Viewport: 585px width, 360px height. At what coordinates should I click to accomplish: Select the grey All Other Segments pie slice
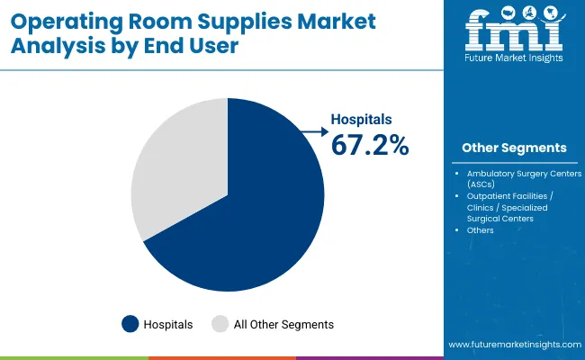point(175,171)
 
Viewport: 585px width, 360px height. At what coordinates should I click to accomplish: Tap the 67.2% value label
point(370,144)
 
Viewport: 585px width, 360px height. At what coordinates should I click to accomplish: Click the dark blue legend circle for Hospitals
point(130,324)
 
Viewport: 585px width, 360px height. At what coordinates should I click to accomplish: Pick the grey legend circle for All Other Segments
point(220,324)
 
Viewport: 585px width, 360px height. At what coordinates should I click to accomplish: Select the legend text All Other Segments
point(284,324)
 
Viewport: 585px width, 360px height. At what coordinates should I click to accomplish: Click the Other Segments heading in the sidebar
point(514,148)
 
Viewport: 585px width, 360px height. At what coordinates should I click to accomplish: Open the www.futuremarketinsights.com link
point(513,345)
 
